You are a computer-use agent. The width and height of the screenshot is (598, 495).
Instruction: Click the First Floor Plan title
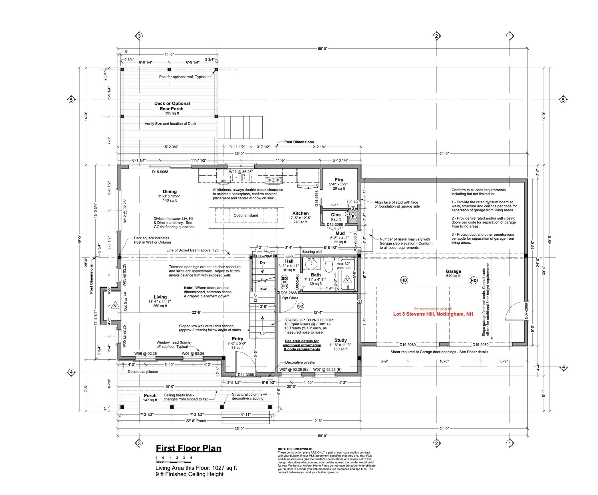point(188,448)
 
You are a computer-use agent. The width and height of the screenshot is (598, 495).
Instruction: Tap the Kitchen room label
point(300,213)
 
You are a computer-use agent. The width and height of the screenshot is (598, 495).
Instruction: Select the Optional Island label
point(246,215)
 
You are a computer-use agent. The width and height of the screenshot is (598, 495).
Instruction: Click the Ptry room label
point(339,180)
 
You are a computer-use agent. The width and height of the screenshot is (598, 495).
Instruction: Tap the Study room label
point(341,340)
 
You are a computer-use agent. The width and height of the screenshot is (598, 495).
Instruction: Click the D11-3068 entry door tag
point(246,374)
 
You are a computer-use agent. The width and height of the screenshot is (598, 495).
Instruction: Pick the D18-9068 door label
point(160,172)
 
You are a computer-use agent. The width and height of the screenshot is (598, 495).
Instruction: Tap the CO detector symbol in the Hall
point(284,286)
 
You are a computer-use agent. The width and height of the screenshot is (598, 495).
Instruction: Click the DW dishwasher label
point(223,181)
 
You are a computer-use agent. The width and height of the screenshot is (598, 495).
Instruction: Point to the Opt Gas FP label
point(126,301)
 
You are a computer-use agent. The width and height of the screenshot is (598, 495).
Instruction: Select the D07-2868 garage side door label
point(526,310)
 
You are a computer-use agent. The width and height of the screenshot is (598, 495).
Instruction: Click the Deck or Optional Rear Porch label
point(172,106)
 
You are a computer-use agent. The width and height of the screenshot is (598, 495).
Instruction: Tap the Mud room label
point(340,233)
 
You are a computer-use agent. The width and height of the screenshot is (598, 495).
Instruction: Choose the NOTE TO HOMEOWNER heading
point(295,449)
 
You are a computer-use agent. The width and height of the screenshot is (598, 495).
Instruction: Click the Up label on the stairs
point(262,333)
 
